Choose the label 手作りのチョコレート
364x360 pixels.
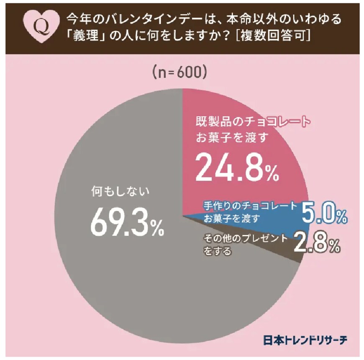click(250, 205)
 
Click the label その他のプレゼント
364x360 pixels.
click(246, 238)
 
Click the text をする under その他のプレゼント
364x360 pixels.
click(217, 252)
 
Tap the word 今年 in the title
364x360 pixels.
click(76, 19)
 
